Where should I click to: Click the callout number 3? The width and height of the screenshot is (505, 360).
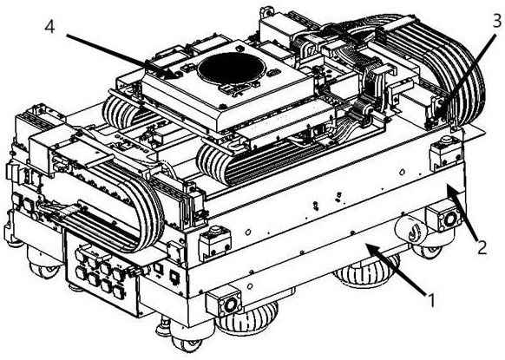point(496,21)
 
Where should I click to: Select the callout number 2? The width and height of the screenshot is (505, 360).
point(482,247)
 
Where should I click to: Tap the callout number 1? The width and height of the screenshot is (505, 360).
point(431,300)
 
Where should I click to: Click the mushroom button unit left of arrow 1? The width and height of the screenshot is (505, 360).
point(215,242)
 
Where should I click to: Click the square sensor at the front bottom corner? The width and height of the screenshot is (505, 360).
point(224,303)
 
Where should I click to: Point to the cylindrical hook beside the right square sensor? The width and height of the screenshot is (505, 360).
point(411,229)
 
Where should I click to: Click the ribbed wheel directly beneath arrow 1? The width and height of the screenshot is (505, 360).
point(366,272)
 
